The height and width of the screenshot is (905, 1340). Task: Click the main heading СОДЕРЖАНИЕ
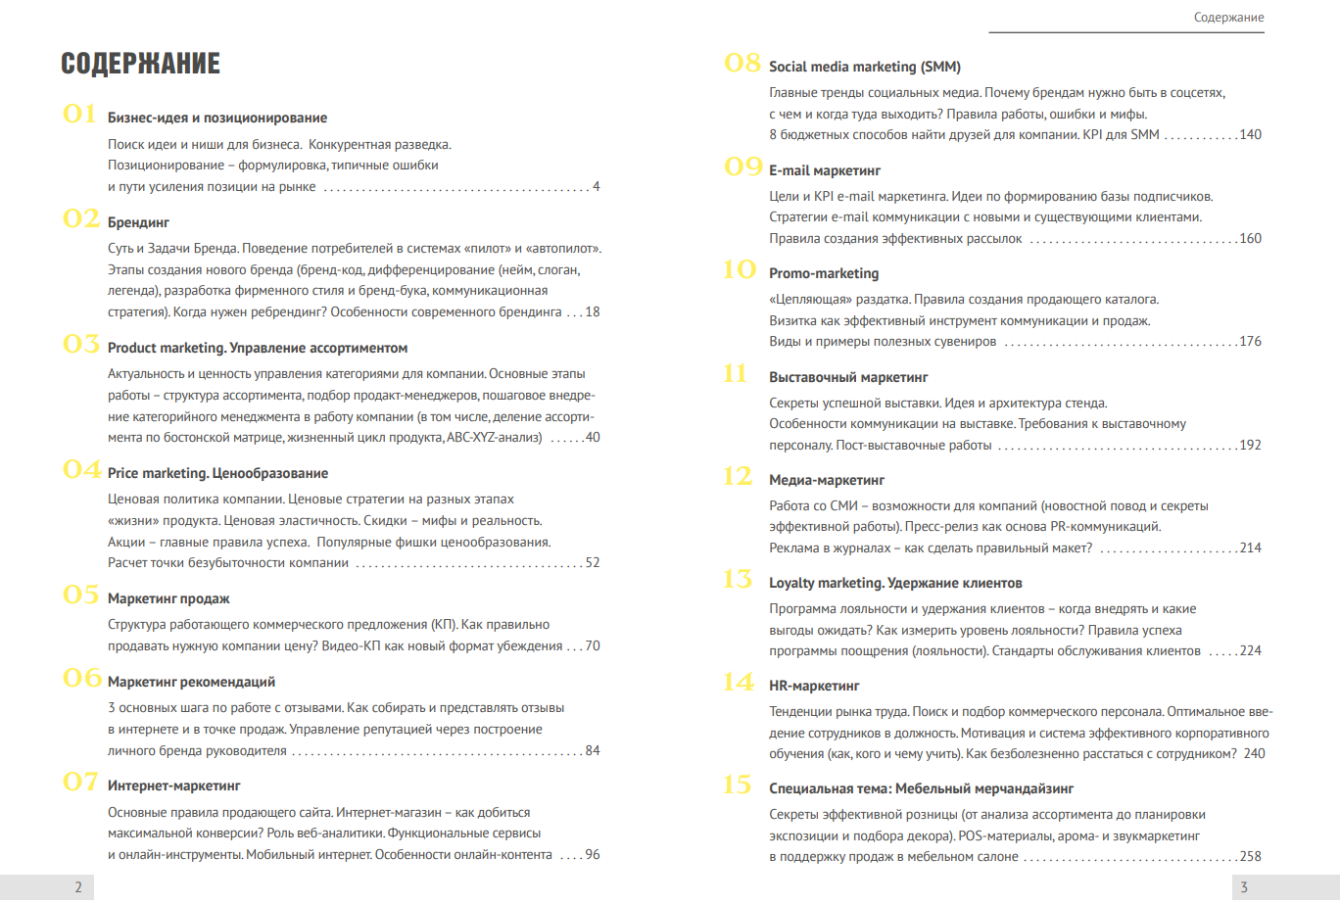click(140, 64)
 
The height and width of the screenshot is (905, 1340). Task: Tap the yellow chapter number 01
click(79, 115)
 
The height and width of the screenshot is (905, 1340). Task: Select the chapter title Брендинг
click(138, 222)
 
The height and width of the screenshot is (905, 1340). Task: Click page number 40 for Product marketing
click(593, 438)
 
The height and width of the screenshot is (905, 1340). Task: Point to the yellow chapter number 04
click(81, 470)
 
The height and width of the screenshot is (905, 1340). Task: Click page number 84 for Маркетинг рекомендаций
click(593, 751)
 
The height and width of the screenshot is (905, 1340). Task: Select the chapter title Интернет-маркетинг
click(173, 786)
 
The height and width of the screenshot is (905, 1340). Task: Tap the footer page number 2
click(78, 887)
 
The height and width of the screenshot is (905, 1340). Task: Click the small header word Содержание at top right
click(1228, 18)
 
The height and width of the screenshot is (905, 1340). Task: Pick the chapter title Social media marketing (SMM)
click(864, 67)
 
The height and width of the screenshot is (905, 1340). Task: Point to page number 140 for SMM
click(1250, 135)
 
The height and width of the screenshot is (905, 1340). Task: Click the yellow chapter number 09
click(742, 167)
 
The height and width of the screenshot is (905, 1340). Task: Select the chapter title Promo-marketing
click(824, 273)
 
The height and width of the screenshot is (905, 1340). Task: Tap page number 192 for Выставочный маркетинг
click(1250, 446)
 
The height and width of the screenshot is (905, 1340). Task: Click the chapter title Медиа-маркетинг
click(827, 480)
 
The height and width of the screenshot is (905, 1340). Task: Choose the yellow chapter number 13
click(738, 580)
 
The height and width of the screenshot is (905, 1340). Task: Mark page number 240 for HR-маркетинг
click(1254, 754)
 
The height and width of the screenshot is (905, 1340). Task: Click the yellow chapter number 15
click(738, 786)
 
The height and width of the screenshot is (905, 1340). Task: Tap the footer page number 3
click(1244, 887)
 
